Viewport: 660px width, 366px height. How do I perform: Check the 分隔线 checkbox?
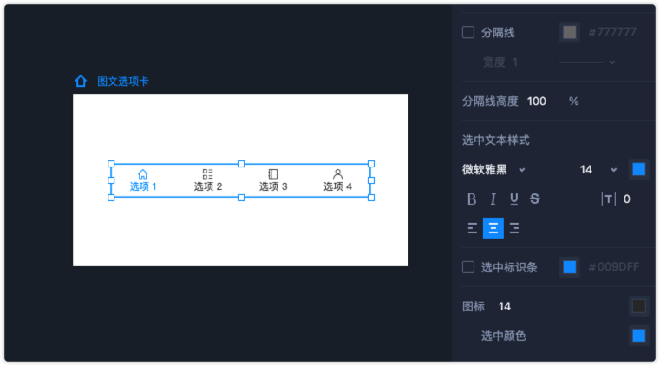tap(468, 32)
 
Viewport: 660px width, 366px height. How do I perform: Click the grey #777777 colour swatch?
tap(570, 32)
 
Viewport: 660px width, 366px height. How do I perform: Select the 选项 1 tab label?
tap(143, 186)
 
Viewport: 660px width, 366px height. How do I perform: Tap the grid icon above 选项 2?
tap(207, 173)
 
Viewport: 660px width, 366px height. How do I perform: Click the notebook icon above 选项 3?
tap(272, 173)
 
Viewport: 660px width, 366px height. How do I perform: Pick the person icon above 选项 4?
tap(337, 173)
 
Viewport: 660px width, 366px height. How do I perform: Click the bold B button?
tap(472, 199)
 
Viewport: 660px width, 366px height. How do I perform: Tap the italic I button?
tap(493, 199)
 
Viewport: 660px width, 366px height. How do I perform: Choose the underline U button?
tap(514, 199)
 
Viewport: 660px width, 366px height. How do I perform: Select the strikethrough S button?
tap(534, 199)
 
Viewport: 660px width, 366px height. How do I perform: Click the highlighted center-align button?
tap(493, 228)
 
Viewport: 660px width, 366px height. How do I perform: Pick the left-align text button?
tap(473, 228)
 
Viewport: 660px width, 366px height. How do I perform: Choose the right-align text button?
tap(514, 228)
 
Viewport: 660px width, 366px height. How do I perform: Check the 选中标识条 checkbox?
tap(468, 267)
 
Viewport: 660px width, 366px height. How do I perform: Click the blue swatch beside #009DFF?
tap(570, 267)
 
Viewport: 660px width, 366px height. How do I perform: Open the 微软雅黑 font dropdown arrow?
tap(522, 170)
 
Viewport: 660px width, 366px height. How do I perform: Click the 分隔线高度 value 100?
tap(537, 101)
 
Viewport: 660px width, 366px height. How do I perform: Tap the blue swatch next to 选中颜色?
tap(638, 336)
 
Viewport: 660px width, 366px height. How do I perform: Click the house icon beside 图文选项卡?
tap(81, 81)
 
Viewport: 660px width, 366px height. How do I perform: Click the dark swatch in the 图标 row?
tap(638, 306)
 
